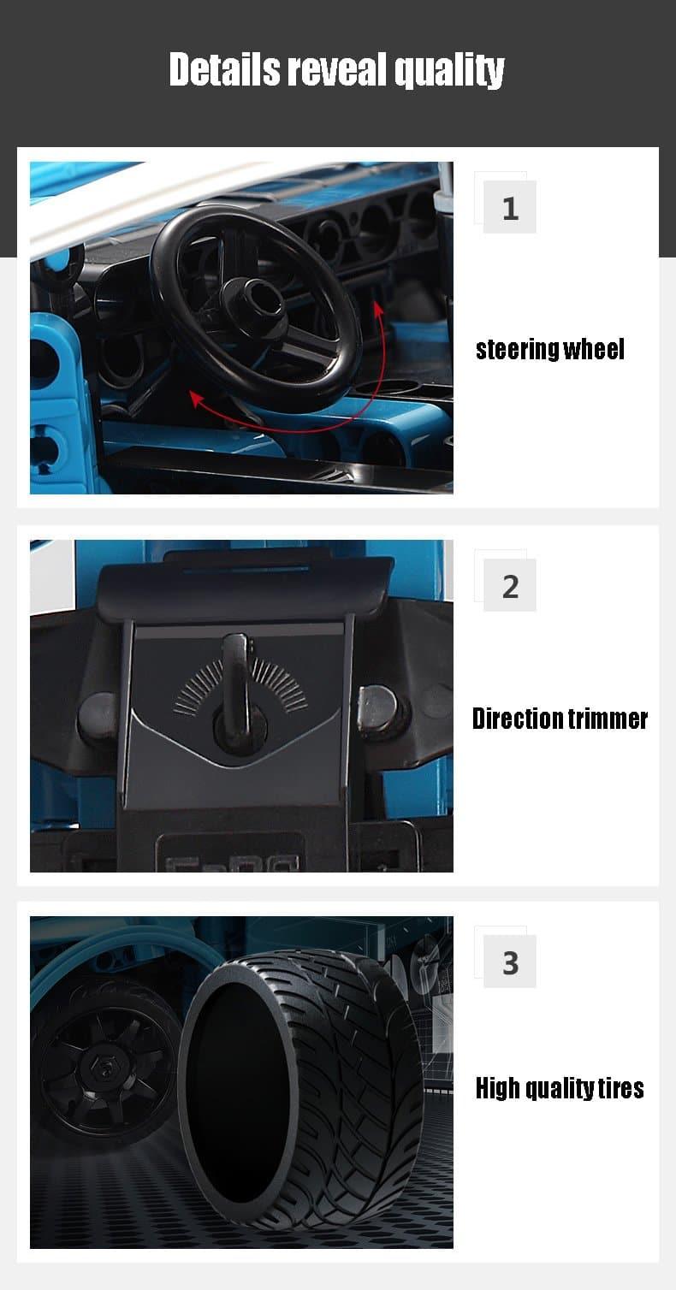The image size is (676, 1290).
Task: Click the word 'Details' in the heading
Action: point(225,69)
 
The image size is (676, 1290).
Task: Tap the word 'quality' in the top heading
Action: point(449,71)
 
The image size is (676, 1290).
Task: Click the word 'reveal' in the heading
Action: point(338,69)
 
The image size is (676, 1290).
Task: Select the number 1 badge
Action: point(509,207)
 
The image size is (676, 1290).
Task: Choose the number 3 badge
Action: point(509,962)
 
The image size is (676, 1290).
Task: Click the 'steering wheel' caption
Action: point(550,350)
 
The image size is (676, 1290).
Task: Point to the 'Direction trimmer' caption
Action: point(560,719)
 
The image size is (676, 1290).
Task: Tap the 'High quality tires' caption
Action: point(560,1088)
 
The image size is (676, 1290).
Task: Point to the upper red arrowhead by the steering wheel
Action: point(378,307)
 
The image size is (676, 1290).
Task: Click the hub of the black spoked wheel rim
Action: point(104,1072)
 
